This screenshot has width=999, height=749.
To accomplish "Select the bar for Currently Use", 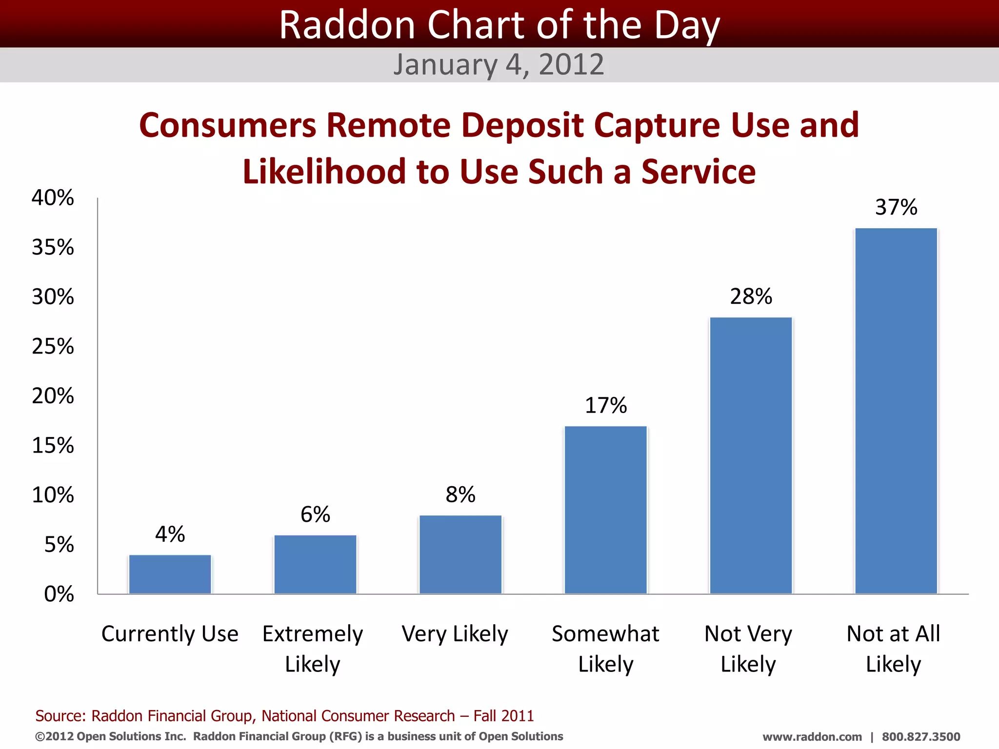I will (x=170, y=574).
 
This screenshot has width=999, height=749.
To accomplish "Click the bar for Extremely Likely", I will (x=315, y=564).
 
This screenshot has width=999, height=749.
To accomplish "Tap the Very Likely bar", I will (x=460, y=554).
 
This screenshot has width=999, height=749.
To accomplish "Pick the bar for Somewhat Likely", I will (x=605, y=510).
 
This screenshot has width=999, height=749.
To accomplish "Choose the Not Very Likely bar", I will (x=751, y=455).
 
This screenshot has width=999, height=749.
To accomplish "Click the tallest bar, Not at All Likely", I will (x=896, y=411).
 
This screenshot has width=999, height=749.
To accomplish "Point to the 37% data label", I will (x=896, y=207).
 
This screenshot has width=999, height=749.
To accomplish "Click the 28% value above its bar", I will (x=751, y=296).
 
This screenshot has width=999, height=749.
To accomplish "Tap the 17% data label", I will (x=605, y=406).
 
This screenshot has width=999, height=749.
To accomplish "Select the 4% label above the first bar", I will (x=170, y=534).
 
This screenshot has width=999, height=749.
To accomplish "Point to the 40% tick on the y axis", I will (x=53, y=198).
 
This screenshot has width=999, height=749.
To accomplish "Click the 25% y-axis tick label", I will (x=53, y=347).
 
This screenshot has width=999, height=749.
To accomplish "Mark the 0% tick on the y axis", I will (x=59, y=594).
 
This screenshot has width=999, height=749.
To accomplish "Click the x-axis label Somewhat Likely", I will (x=605, y=649).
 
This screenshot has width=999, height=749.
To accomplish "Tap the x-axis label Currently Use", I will (x=170, y=634).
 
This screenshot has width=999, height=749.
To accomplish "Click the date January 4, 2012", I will (x=499, y=64).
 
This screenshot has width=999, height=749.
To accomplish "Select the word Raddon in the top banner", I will (x=347, y=25).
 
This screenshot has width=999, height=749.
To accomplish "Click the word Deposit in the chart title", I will (x=522, y=125).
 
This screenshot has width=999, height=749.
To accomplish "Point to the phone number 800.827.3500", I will (x=920, y=737).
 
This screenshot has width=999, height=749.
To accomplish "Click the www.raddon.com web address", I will (x=812, y=737).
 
